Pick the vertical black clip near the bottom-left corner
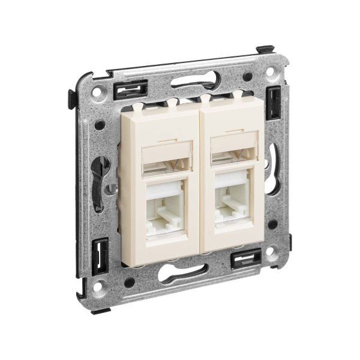100,251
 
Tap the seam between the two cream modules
200,180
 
